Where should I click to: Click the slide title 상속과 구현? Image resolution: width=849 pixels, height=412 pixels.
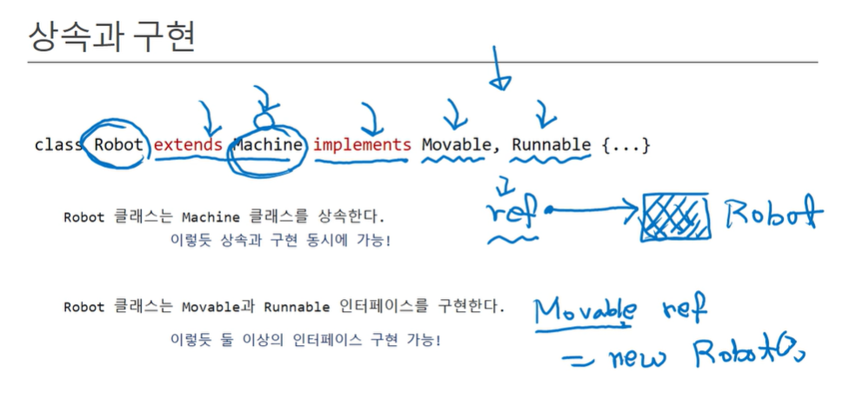coord(111,36)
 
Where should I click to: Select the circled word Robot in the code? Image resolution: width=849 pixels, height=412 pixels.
coord(118,145)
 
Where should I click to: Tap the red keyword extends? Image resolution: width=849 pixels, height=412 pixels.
coord(188,145)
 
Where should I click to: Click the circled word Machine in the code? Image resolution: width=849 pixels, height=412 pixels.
coord(268,145)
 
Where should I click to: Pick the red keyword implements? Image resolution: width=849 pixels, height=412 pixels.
coord(362,145)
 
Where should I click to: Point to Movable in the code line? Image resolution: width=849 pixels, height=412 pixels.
coord(456,145)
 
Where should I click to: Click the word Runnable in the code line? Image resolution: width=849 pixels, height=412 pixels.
coord(551,145)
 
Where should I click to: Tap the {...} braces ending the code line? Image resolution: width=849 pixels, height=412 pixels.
coord(625,145)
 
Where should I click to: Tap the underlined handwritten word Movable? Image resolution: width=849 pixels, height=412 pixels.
coord(585,310)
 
